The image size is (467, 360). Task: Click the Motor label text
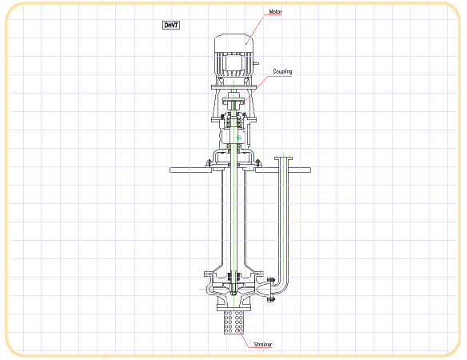(275, 12)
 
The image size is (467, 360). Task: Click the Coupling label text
(282, 71)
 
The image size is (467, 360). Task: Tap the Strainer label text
(262, 345)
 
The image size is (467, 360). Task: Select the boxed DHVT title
(171, 25)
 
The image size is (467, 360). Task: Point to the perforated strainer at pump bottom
(233, 322)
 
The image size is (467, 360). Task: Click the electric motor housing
(233, 55)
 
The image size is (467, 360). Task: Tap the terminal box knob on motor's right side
(256, 63)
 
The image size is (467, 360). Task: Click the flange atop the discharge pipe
(283, 158)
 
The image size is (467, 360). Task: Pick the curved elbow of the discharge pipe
(282, 285)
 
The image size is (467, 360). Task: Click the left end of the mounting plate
(170, 170)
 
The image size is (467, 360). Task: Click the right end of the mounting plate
(309, 170)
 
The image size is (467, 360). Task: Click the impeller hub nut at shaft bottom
(233, 294)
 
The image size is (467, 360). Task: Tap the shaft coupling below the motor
(233, 101)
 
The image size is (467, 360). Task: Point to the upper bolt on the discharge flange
(270, 280)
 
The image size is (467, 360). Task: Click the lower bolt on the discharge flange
(270, 299)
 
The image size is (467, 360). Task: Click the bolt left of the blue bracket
(208, 162)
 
